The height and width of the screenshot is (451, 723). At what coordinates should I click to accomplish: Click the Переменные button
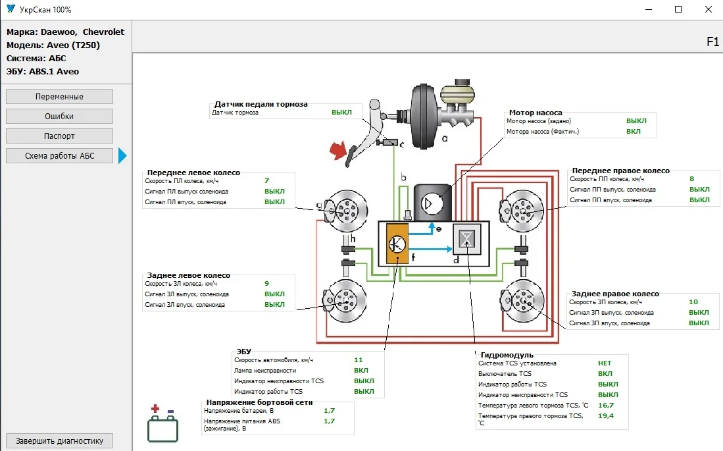[x=59, y=97]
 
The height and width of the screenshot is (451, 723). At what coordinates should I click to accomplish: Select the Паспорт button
[x=59, y=136]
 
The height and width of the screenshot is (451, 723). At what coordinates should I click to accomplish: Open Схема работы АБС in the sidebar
[x=59, y=156]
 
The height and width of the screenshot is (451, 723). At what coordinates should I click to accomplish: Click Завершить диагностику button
[x=59, y=441]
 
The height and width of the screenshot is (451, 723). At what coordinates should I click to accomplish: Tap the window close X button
[x=708, y=10]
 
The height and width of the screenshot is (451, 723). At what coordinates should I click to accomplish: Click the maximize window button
[x=678, y=10]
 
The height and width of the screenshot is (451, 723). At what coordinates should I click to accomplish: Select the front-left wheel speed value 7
[x=266, y=180]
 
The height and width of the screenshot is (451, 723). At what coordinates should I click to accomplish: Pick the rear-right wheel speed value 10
[x=693, y=302]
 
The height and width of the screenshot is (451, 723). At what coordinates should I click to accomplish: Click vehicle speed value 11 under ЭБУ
[x=359, y=360]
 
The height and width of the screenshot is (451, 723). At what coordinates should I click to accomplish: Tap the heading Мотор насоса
[x=536, y=113]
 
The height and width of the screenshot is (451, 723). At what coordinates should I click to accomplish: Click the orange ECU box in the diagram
[x=397, y=244]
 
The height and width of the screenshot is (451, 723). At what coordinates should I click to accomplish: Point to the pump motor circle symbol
[x=430, y=203]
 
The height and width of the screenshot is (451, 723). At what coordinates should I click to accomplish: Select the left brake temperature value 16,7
[x=606, y=406]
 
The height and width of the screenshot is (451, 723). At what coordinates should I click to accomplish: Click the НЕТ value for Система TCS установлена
[x=605, y=363]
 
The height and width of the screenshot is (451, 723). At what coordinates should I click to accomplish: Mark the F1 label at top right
[x=712, y=42]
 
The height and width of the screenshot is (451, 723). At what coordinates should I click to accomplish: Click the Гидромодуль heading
[x=507, y=356]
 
